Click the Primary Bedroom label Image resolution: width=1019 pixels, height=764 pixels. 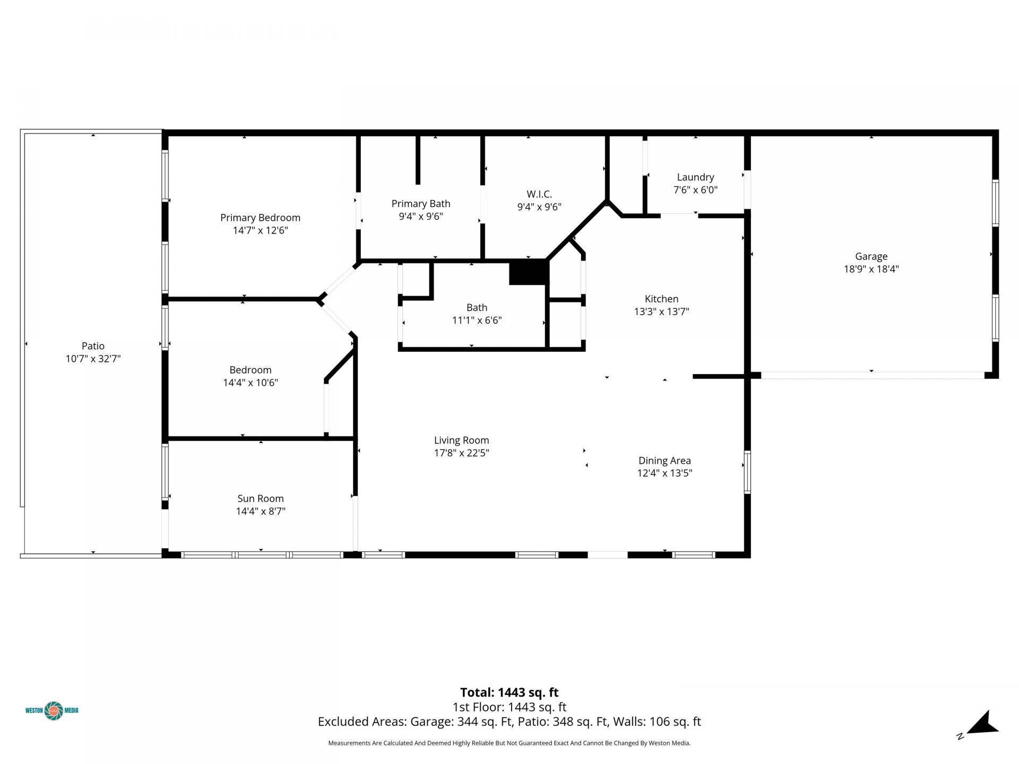(260, 218)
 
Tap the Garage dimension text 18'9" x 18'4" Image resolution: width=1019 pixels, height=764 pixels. (871, 269)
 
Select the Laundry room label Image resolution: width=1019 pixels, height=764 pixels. (695, 177)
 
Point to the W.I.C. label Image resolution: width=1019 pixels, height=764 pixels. (539, 194)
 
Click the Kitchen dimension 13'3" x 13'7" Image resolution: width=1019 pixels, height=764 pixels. (661, 311)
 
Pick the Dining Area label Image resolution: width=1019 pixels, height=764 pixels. (664, 461)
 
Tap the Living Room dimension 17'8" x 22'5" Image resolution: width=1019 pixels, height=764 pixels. (461, 453)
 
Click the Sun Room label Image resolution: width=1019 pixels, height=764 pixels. (261, 498)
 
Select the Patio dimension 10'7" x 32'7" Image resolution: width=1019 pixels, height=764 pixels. (93, 359)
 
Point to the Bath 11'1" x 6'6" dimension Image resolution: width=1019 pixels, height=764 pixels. (477, 320)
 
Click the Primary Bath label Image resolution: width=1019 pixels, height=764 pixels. (421, 204)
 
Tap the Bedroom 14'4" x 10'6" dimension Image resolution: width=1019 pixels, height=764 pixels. (251, 383)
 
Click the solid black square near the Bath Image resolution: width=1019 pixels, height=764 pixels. (528, 272)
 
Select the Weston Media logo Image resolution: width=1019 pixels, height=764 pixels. (52, 710)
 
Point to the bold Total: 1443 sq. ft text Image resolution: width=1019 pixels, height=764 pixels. (509, 692)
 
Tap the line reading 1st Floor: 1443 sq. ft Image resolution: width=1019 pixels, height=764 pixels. (509, 707)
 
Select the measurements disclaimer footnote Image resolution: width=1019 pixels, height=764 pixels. (509, 743)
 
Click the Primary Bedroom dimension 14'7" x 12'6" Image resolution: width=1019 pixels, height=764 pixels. (260, 230)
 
